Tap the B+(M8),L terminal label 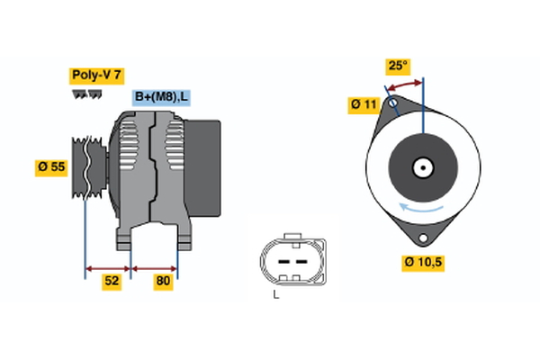click(162, 97)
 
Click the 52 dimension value click(112, 281)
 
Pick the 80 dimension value click(163, 281)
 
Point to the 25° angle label click(397, 66)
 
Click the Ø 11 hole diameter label click(364, 105)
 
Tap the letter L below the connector click(277, 293)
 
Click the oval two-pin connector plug click(288, 260)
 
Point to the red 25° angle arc click(404, 84)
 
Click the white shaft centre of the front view click(421, 166)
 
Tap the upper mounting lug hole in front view click(391, 103)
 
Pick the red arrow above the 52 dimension click(108, 267)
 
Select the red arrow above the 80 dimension click(155, 267)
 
